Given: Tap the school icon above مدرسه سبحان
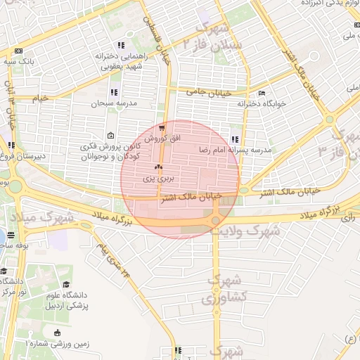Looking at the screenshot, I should [x=114, y=92].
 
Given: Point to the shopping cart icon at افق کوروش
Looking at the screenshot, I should [x=162, y=128].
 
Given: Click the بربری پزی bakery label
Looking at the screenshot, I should [x=157, y=179].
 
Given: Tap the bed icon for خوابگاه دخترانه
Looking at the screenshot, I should [x=262, y=93].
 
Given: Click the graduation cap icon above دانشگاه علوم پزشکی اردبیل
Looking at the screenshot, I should [x=66, y=285].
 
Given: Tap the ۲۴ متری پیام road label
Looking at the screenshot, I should [x=115, y=258].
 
